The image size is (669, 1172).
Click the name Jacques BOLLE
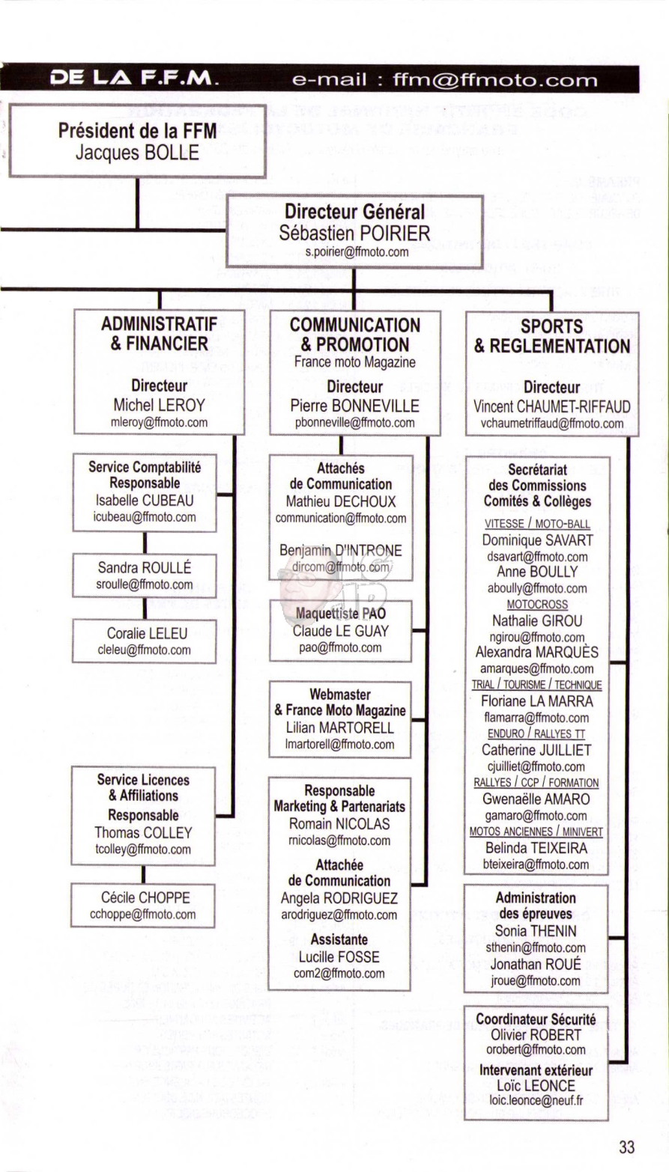pyautogui.click(x=137, y=153)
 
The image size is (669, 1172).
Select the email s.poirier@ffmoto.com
pyautogui.click(x=357, y=251)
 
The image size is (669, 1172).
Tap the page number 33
pyautogui.click(x=626, y=1147)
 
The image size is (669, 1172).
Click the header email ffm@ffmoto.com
pyautogui.click(x=495, y=80)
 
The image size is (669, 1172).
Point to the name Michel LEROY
pyautogui.click(x=160, y=405)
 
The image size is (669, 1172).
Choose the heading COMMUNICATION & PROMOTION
pyautogui.click(x=354, y=335)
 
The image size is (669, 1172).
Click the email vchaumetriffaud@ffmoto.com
pyautogui.click(x=552, y=424)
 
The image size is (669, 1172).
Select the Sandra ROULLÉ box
pyautogui.click(x=144, y=576)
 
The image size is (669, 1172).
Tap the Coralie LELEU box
pyautogui.click(x=144, y=641)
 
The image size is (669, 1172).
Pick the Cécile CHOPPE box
pyautogui.click(x=142, y=906)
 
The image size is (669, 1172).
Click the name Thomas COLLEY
pyautogui.click(x=143, y=832)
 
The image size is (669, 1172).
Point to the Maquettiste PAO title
pyautogui.click(x=341, y=613)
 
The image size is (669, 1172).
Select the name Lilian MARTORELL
pyautogui.click(x=340, y=727)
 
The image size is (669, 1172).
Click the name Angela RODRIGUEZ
pyautogui.click(x=339, y=898)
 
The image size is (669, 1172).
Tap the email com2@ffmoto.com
pyautogui.click(x=339, y=973)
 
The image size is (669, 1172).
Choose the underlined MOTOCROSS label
pyautogui.click(x=537, y=604)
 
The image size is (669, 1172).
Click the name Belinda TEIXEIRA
pyautogui.click(x=536, y=848)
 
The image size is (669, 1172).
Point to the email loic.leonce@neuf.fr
pyautogui.click(x=536, y=1100)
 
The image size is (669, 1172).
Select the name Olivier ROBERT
pyautogui.click(x=536, y=1034)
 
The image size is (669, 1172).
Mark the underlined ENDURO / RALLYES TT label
pyautogui.click(x=536, y=733)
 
